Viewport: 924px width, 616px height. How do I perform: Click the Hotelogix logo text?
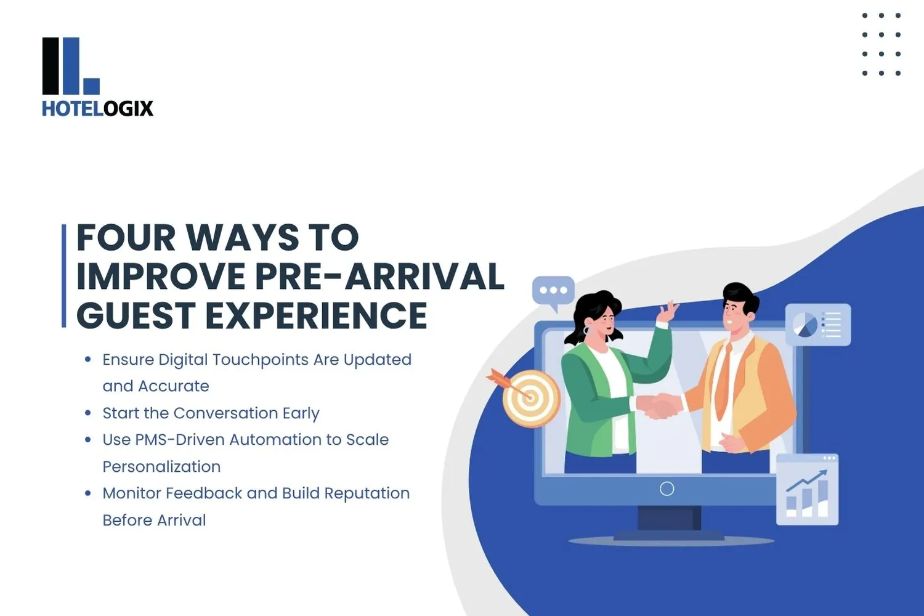pos(97,108)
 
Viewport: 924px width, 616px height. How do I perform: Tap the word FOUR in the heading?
pos(126,238)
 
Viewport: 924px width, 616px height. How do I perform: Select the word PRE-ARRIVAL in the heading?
pos(379,277)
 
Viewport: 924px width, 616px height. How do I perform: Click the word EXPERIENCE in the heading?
pos(316,315)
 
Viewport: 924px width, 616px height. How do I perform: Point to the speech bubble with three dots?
pos(553,291)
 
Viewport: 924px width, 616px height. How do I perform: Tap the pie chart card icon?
pos(817,325)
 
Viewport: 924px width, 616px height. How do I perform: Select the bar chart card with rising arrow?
pos(807,490)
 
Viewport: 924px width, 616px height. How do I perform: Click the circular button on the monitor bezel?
pos(667,488)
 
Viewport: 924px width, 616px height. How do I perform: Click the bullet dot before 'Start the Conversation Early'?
pos(88,413)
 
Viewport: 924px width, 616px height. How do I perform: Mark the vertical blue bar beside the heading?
pos(63,275)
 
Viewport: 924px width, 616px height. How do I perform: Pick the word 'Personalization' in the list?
pos(161,467)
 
